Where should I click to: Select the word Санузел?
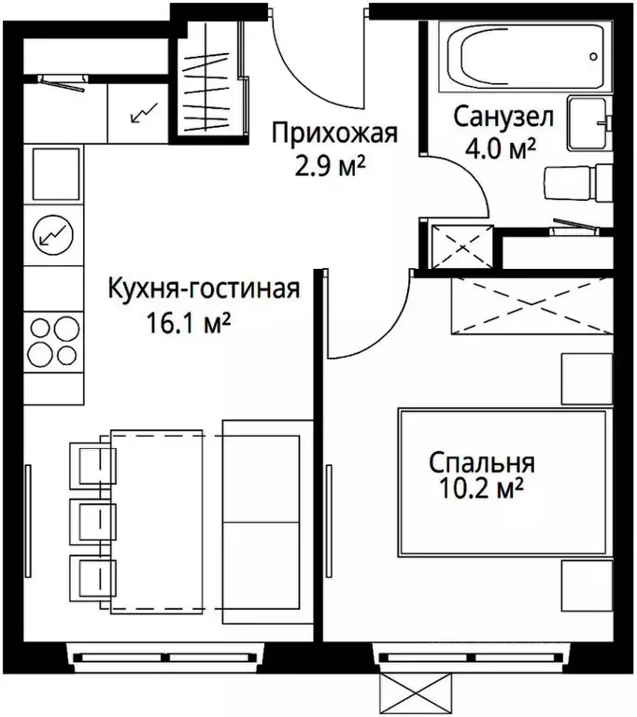pyautogui.click(x=503, y=118)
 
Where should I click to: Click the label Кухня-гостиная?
pyautogui.click(x=204, y=288)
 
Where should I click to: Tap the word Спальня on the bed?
pyautogui.click(x=481, y=462)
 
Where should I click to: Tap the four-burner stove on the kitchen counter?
pyautogui.click(x=51, y=341)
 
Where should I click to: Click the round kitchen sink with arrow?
pyautogui.click(x=51, y=233)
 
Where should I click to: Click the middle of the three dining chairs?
pyautogui.click(x=93, y=517)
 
